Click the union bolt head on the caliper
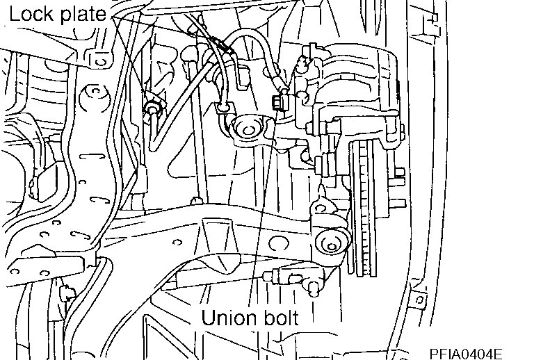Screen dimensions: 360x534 click(276, 104)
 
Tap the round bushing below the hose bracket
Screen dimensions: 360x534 click(247, 129)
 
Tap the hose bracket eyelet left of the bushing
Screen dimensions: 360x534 click(223, 106)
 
